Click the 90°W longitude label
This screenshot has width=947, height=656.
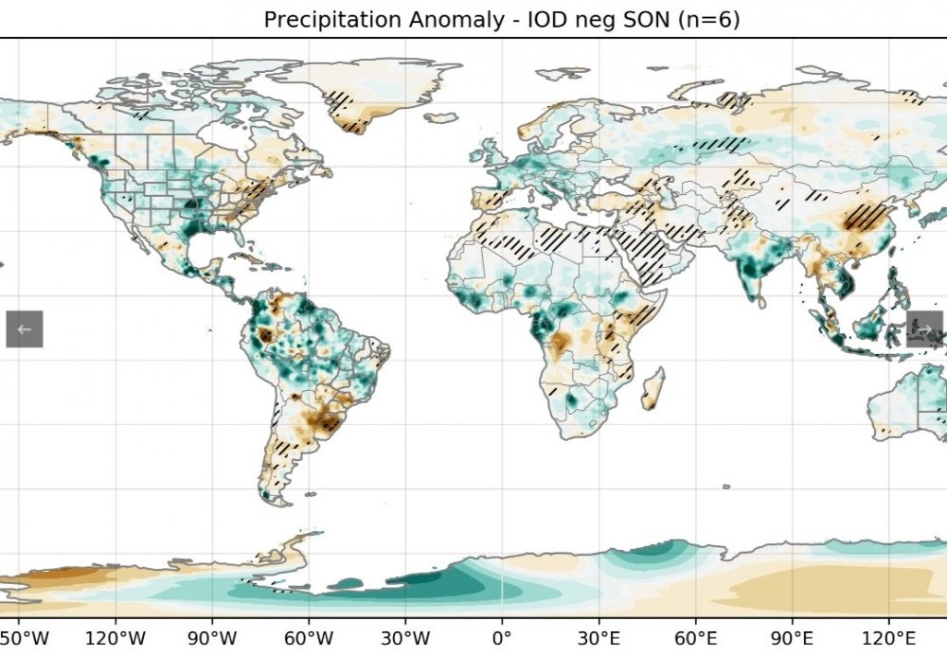pyautogui.click(x=212, y=636)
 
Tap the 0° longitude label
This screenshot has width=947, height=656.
pyautogui.click(x=502, y=636)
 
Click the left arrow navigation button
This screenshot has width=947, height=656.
pyautogui.click(x=25, y=328)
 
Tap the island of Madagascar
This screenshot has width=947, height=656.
pyautogui.click(x=652, y=389)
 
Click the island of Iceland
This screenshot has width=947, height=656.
pyautogui.click(x=442, y=118)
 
